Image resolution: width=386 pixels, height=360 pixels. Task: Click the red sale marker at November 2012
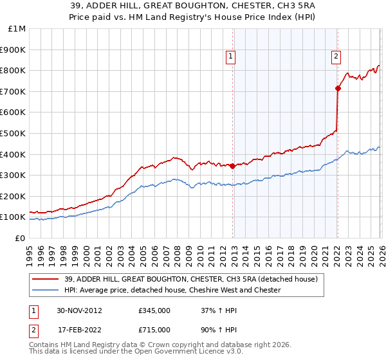[232, 165]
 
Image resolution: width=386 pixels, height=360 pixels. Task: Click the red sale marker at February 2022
[337, 88]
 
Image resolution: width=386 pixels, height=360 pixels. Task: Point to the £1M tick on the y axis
[17, 29]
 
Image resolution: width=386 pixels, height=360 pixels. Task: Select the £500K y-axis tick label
[14, 134]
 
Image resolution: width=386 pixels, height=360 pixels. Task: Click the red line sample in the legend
[46, 280]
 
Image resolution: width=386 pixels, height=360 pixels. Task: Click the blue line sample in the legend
[46, 291]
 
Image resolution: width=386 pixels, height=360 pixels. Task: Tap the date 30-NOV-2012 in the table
[80, 310]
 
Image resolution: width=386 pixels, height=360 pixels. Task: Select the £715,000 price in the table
[154, 329]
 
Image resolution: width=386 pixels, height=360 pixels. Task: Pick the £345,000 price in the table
[154, 310]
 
